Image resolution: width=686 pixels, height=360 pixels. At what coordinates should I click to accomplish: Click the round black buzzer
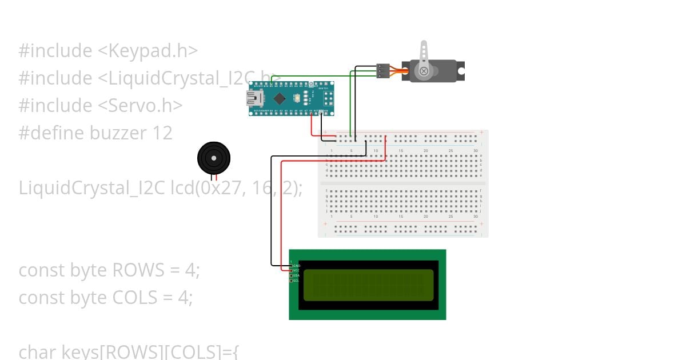(213, 158)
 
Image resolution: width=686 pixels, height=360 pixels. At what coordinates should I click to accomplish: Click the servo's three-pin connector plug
(382, 71)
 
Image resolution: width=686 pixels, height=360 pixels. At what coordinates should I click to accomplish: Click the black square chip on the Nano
(278, 98)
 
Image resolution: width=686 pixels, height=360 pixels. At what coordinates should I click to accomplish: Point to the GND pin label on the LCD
(297, 266)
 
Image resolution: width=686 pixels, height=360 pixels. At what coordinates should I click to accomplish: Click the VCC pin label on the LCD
(296, 271)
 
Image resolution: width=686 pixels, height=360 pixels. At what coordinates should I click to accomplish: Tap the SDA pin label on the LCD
(296, 276)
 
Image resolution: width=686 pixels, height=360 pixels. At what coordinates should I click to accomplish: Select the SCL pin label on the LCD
(296, 281)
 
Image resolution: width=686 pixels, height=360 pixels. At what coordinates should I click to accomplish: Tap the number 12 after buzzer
(162, 133)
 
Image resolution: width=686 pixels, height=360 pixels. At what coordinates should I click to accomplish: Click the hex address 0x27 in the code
(217, 188)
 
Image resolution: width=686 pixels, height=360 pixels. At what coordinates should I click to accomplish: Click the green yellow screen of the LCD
(368, 285)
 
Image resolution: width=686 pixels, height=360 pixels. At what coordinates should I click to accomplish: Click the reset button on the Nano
(297, 98)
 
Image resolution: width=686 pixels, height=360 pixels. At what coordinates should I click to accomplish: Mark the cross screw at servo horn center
(424, 71)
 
